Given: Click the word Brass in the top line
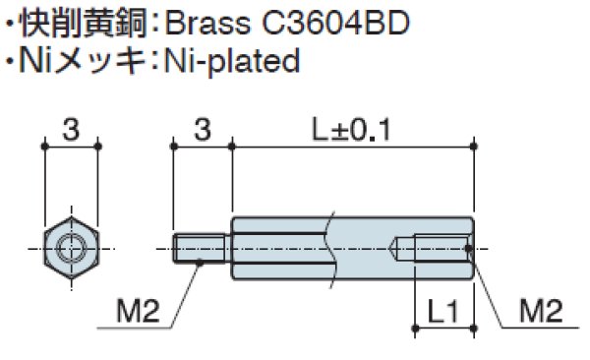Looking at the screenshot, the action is pos(207,23).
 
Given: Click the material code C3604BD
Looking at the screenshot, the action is pos(335,23).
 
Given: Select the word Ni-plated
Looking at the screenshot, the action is pos(232,61).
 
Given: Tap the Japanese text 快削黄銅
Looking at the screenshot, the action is pos(83,24).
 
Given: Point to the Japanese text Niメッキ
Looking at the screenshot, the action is pos(83,61).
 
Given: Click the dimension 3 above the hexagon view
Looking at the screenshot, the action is pos(71,130).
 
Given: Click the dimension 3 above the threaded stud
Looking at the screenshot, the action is pos(203,130).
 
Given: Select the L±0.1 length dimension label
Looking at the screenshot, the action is pos(352,130).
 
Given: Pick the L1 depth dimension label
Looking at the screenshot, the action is pos(442,312).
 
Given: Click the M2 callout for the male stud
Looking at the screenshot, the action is pos(138,311).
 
